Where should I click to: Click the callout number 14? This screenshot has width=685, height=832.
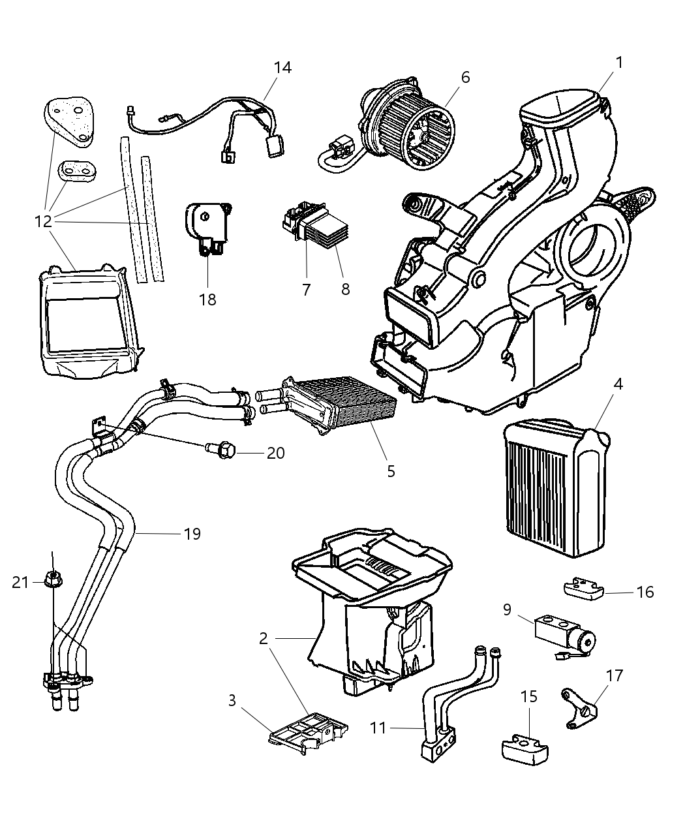click(x=282, y=68)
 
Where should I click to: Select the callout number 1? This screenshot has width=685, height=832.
click(x=618, y=63)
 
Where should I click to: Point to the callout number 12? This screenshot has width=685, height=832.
click(x=43, y=221)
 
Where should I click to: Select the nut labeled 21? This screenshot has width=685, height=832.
click(x=51, y=579)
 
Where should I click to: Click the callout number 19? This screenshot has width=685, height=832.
click(x=192, y=534)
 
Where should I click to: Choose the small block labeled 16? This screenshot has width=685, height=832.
click(x=582, y=589)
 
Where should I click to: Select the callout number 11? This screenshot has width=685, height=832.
click(x=378, y=727)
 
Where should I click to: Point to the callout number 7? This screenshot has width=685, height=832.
click(x=307, y=289)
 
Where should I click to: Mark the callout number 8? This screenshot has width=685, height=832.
click(x=345, y=289)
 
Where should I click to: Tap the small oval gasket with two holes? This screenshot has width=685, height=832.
click(x=75, y=172)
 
